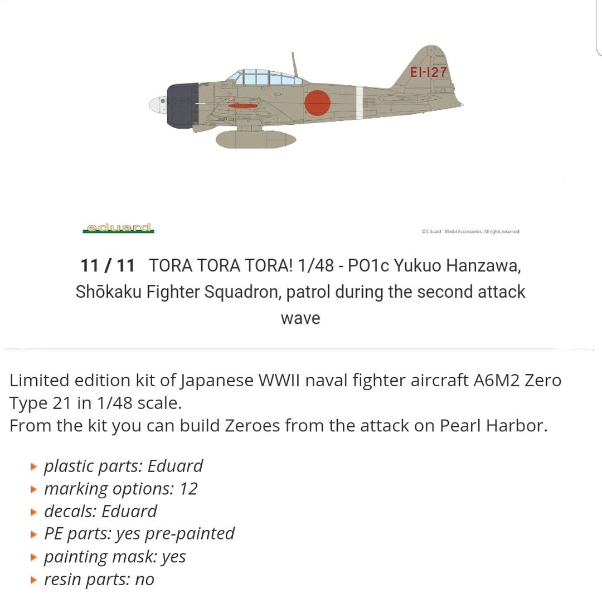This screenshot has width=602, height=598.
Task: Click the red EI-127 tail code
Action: tap(429, 72)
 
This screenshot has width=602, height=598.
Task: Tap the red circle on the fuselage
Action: tap(317, 103)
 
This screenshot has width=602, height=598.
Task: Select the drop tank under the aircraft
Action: tap(255, 139)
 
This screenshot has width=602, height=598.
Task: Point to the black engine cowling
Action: tap(182, 105)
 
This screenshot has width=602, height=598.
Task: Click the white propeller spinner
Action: tap(157, 105)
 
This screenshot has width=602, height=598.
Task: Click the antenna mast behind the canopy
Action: tap(294, 64)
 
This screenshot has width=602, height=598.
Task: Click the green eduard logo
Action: tap(118, 228)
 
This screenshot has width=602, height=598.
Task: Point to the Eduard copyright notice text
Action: tap(470, 231)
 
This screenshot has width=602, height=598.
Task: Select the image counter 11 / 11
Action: tap(108, 266)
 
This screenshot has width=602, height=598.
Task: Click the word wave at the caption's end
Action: tap(300, 319)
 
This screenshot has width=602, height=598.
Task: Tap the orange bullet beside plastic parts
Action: tap(34, 466)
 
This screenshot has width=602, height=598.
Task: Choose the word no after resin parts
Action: tap(145, 580)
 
